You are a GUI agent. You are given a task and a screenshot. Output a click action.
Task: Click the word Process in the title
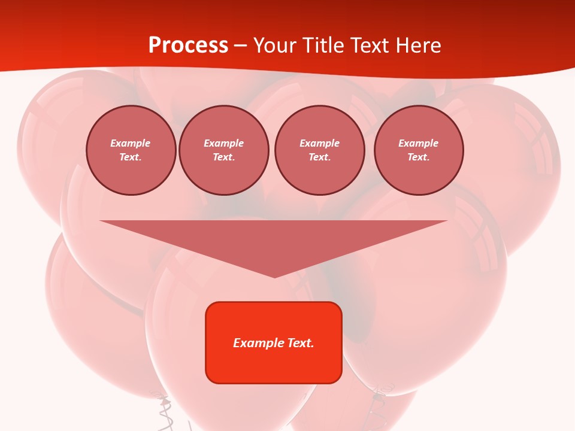click(x=188, y=45)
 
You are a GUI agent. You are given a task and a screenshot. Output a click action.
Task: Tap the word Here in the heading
click(x=417, y=45)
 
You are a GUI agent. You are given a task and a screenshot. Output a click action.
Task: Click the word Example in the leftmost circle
click(x=131, y=143)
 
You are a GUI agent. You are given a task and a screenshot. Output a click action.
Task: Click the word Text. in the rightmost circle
click(x=419, y=157)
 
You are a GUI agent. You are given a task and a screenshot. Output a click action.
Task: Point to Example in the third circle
click(x=319, y=143)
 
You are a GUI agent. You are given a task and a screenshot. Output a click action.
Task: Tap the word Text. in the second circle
click(x=224, y=157)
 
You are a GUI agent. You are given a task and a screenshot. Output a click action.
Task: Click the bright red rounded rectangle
click(x=274, y=365)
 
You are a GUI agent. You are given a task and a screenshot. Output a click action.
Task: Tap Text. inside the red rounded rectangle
click(x=301, y=343)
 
